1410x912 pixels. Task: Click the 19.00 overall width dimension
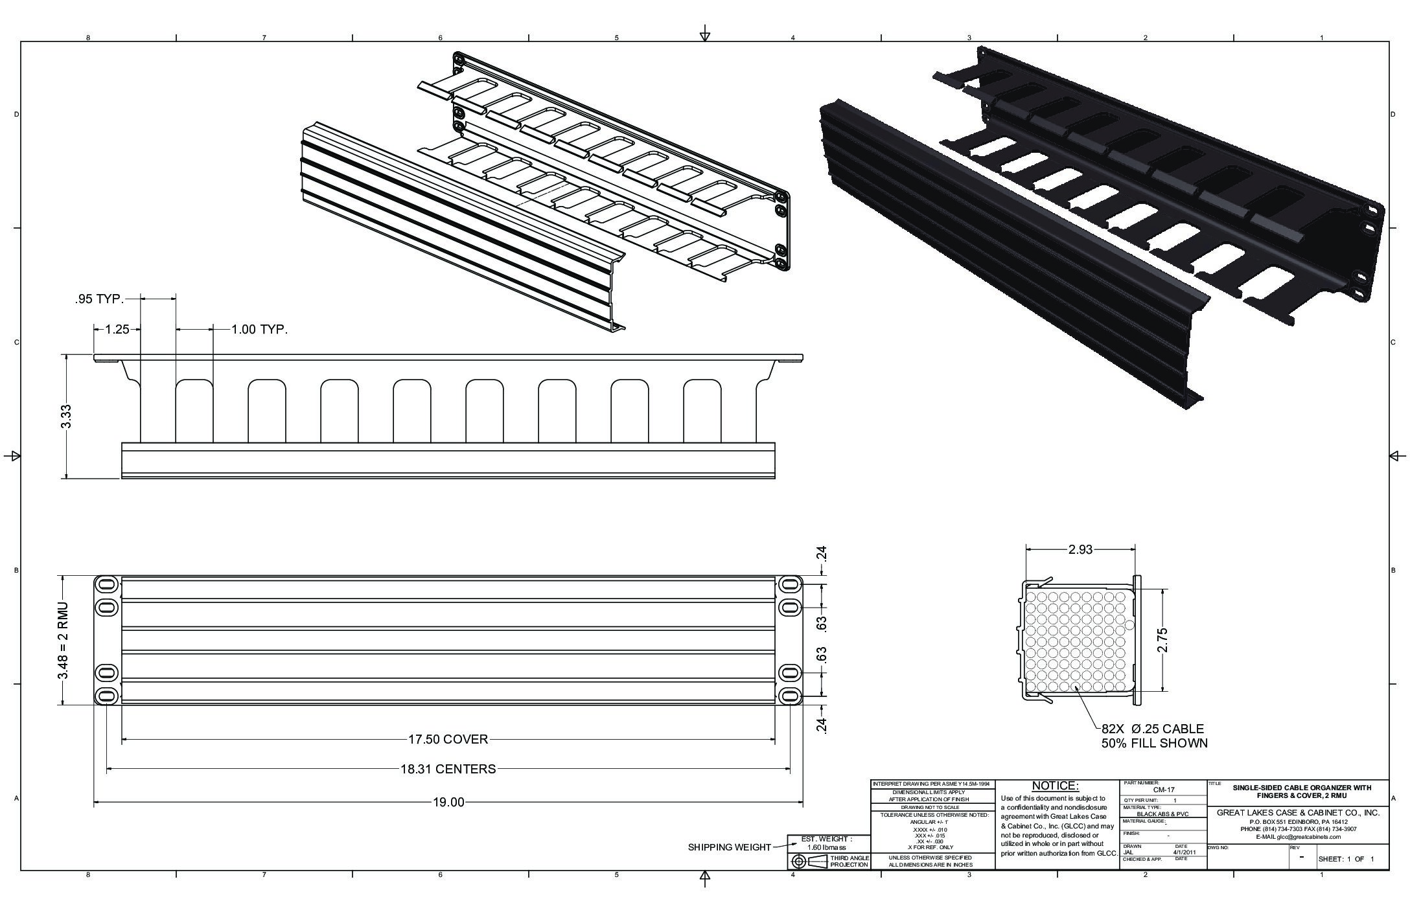pos(448,803)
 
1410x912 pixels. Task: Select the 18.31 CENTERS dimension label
pos(448,769)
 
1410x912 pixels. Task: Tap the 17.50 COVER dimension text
pos(448,739)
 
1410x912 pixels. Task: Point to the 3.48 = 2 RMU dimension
pos(64,641)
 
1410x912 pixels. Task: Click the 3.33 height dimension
pos(65,416)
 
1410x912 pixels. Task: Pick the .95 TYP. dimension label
pos(98,299)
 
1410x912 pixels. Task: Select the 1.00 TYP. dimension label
pos(260,329)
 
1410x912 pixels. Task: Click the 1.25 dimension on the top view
pos(117,329)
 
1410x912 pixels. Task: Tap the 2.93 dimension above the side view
pos(1080,549)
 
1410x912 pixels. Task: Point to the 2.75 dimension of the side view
pos(1162,641)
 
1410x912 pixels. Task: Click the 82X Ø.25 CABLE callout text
pos(1153,729)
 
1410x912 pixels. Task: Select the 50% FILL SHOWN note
pos(1154,743)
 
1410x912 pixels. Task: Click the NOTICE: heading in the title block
pos(1056,786)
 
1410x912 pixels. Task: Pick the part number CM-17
pos(1164,790)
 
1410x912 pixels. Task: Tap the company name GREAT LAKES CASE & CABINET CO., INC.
pos(1298,812)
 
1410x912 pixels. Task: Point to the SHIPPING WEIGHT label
pos(729,847)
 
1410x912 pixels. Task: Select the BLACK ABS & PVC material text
pos(1162,814)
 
